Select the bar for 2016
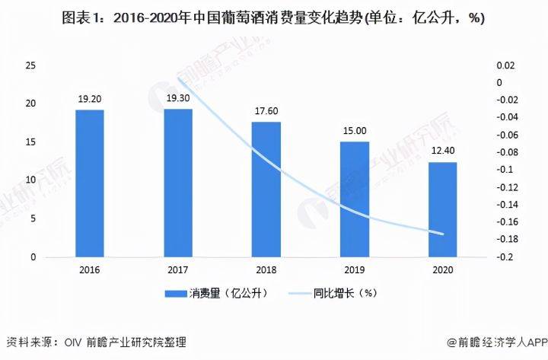(89, 183)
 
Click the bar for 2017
(177, 183)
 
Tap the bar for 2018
(266, 190)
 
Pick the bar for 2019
(354, 199)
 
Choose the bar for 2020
(442, 209)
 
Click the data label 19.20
(89, 98)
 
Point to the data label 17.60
(266, 110)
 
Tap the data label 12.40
(442, 151)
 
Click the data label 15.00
(354, 130)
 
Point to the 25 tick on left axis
(30, 66)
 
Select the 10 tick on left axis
(30, 180)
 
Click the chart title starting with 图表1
(273, 18)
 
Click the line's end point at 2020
(442, 234)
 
